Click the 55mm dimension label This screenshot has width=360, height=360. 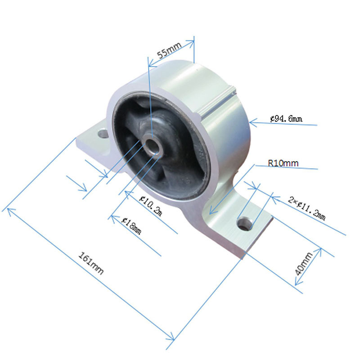click(x=169, y=50)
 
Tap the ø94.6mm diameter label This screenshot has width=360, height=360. click(x=286, y=118)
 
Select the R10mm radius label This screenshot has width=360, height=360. click(x=283, y=163)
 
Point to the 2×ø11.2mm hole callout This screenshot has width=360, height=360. click(x=307, y=208)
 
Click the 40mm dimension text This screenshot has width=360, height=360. click(x=303, y=264)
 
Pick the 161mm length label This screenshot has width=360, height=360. click(x=91, y=263)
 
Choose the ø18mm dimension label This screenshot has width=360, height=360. click(x=131, y=226)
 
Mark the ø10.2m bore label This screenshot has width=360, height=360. click(x=151, y=206)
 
